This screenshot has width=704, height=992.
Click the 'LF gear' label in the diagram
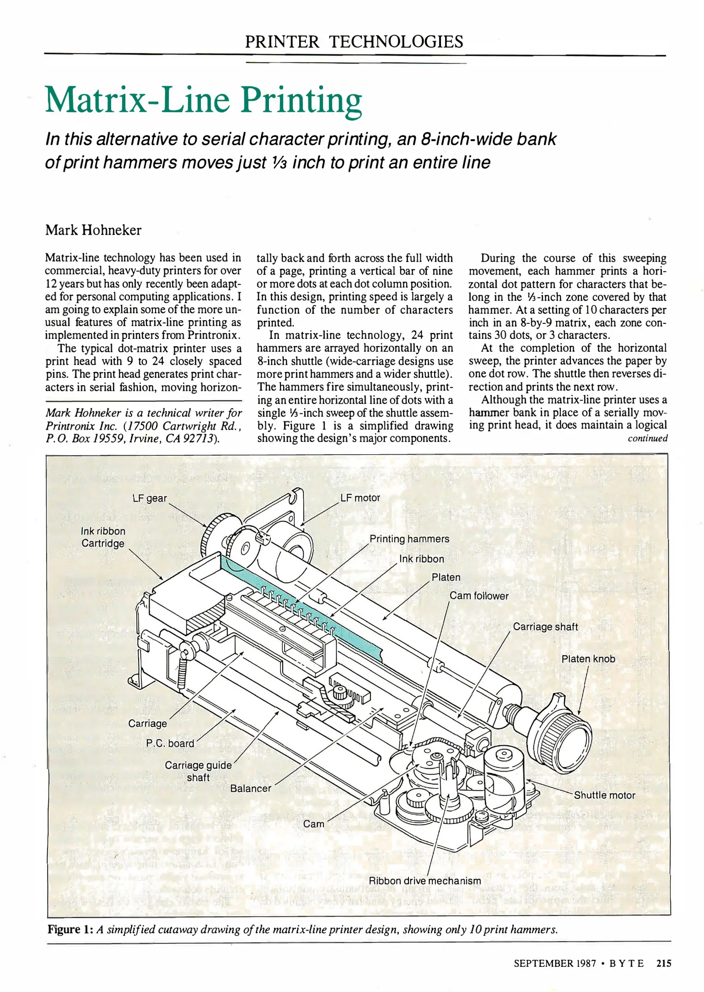click(150, 498)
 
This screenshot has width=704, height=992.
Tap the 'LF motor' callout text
click(360, 498)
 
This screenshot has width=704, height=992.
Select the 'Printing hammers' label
click(409, 539)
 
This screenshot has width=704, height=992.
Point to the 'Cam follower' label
click(479, 596)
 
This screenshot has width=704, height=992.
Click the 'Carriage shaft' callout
click(545, 627)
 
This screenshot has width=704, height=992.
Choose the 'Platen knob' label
click(588, 659)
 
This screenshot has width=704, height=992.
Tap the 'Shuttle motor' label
click(604, 795)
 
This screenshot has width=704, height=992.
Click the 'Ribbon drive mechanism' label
click(425, 880)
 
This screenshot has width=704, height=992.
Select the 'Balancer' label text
click(251, 788)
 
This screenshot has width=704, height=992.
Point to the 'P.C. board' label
click(170, 743)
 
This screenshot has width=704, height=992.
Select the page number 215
click(664, 963)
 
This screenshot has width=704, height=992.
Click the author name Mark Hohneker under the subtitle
click(93, 230)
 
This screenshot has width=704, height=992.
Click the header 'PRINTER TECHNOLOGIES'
click(354, 42)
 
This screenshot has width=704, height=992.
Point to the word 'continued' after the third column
click(647, 438)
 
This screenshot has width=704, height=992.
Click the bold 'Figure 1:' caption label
click(71, 929)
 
